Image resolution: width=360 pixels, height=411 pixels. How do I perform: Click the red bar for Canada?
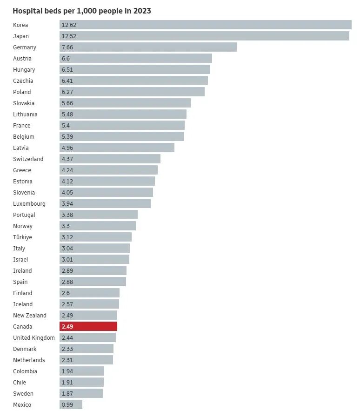coord(88,326)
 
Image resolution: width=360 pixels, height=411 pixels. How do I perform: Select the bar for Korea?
coord(205,25)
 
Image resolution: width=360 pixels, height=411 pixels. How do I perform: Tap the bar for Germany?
coord(148,47)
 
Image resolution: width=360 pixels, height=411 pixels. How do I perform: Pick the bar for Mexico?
coord(71,404)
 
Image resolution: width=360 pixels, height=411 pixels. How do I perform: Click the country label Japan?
coord(21,36)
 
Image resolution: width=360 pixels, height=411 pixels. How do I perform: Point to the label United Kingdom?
coord(34,337)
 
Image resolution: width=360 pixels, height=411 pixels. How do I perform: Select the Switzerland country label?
coord(28,159)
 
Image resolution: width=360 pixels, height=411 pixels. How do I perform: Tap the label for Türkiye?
coord(22,237)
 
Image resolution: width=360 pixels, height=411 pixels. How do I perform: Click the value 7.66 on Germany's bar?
coord(67,47)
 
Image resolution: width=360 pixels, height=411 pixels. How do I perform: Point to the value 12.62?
coord(69,25)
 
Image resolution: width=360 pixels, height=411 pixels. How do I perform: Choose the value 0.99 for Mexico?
coord(67,404)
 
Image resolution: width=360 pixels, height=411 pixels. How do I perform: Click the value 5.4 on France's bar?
coord(66,125)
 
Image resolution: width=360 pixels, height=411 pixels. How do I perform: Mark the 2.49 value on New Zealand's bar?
coord(67,315)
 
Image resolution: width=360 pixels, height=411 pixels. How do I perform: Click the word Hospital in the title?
coord(27,11)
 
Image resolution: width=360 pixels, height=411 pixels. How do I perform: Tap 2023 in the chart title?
coord(142,11)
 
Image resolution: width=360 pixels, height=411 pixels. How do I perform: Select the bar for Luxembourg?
coord(105,203)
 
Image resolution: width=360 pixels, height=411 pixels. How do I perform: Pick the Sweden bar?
coord(81,393)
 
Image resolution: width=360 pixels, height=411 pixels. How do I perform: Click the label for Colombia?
coord(25,371)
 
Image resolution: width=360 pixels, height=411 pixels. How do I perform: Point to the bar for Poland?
coord(132,92)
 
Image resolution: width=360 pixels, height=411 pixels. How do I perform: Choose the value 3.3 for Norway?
coord(66,226)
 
